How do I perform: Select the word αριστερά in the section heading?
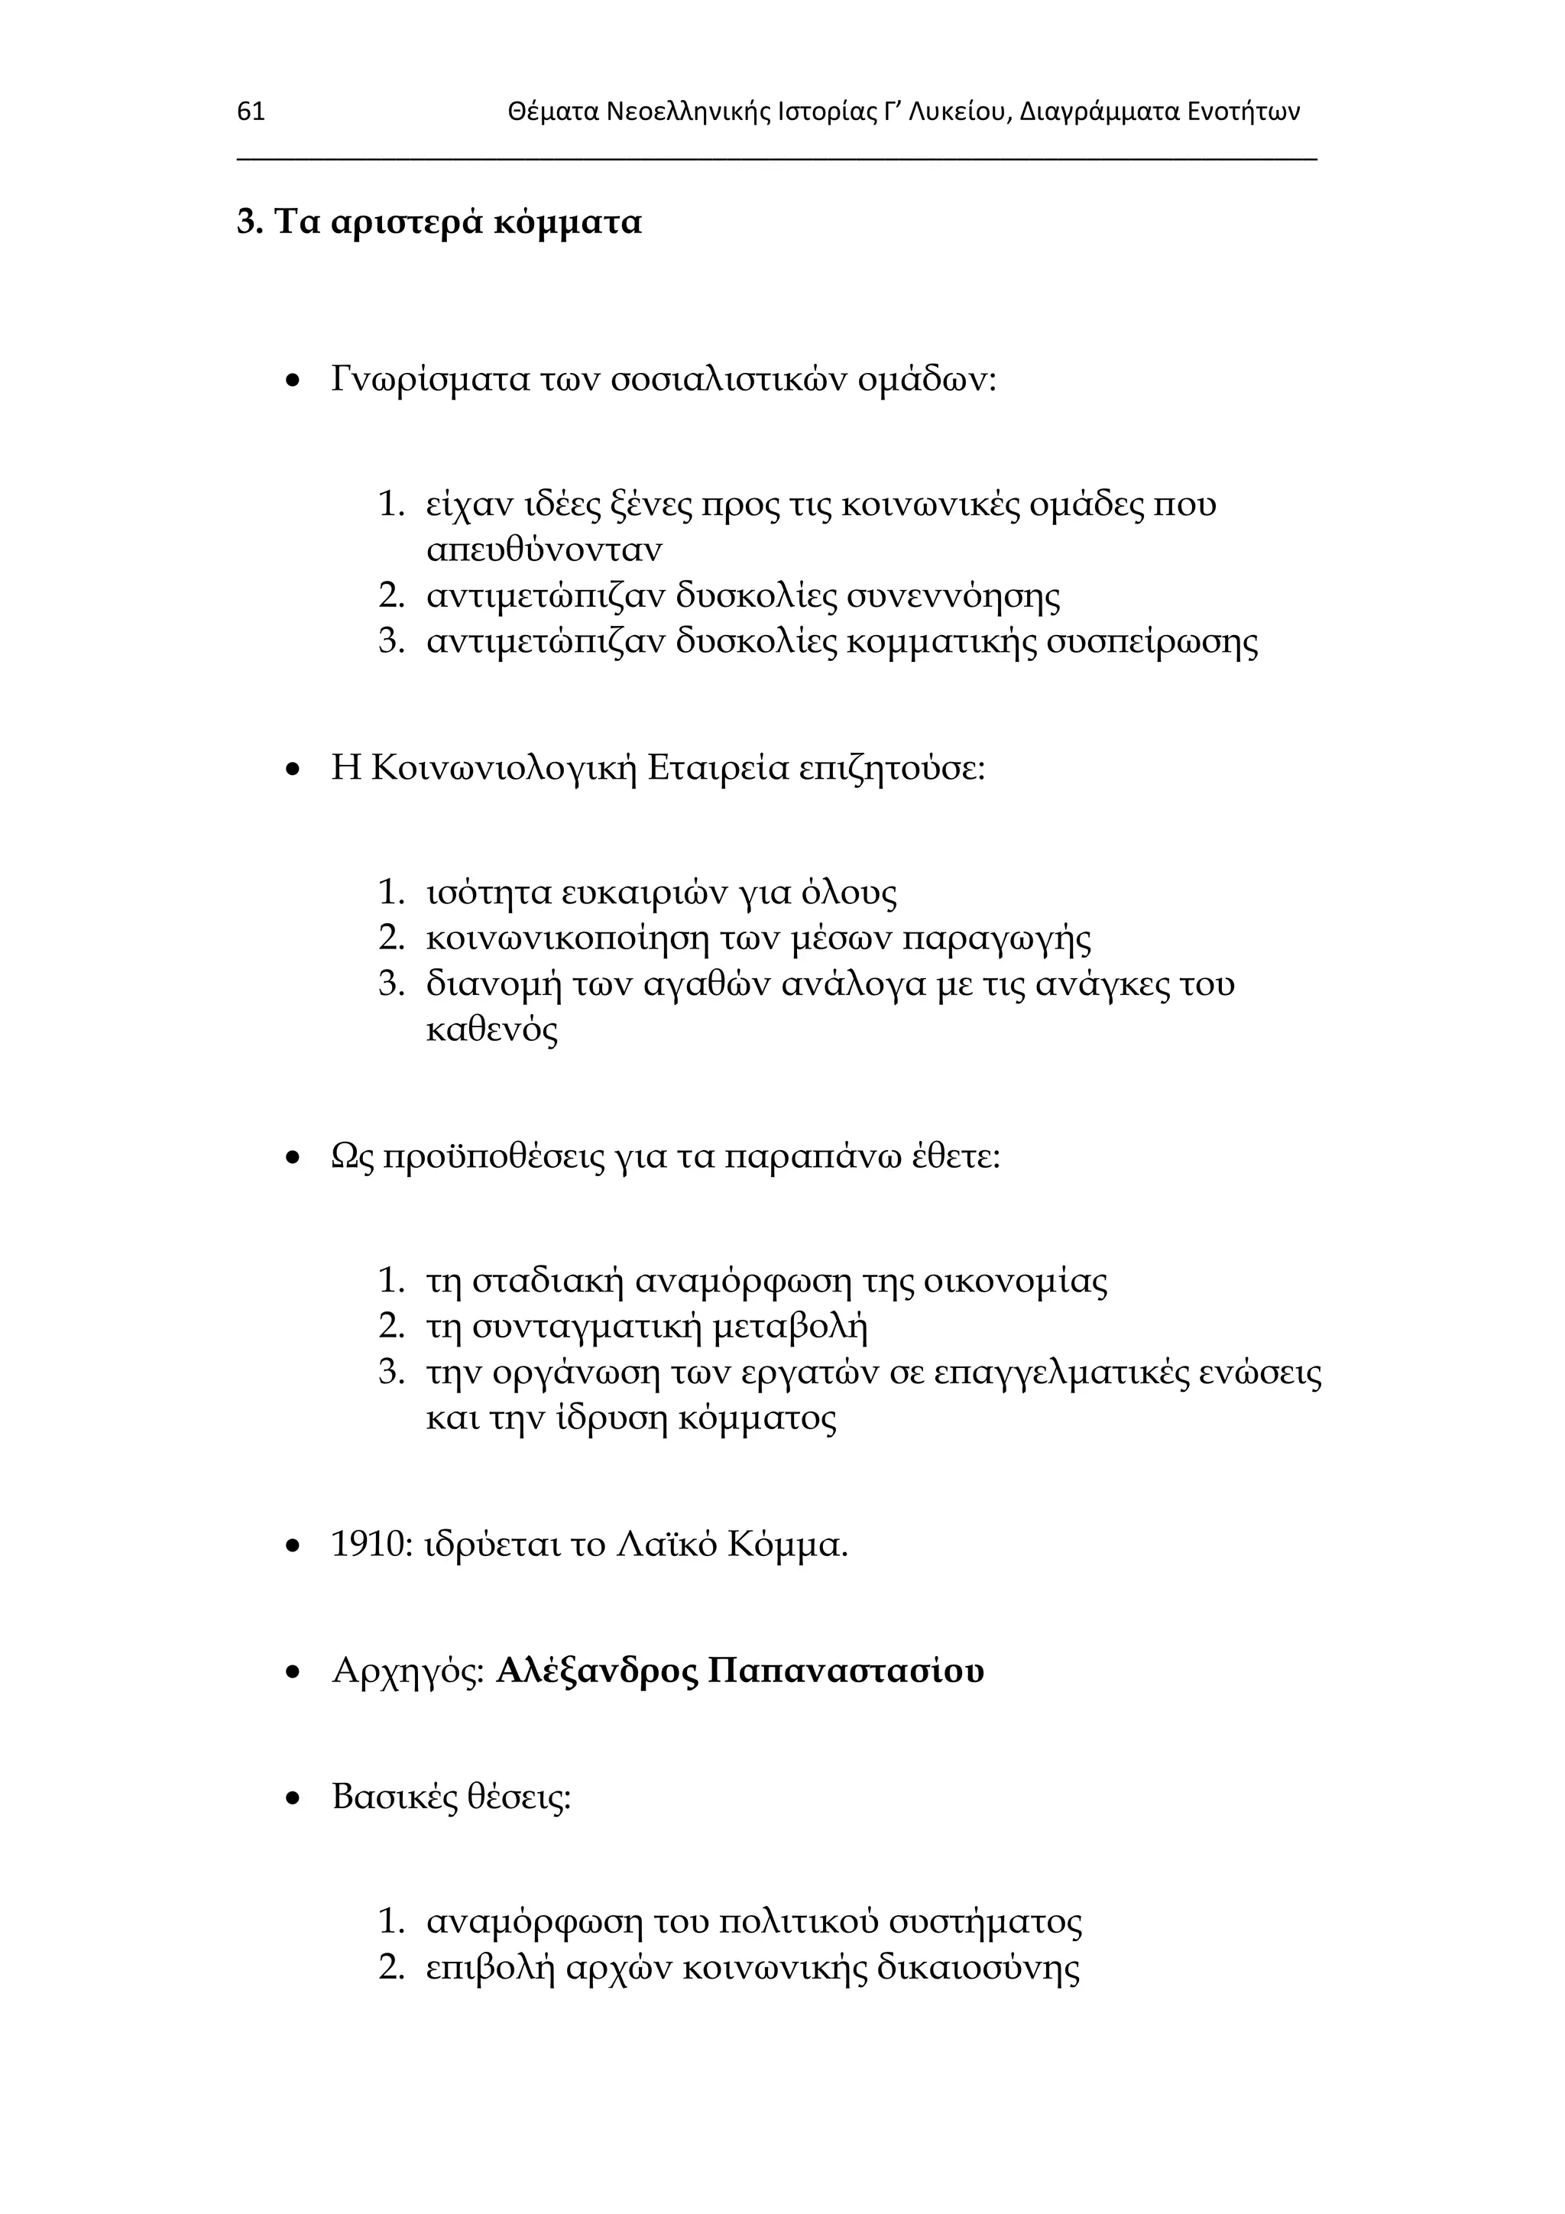(x=406, y=222)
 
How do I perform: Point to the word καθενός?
(x=492, y=1031)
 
